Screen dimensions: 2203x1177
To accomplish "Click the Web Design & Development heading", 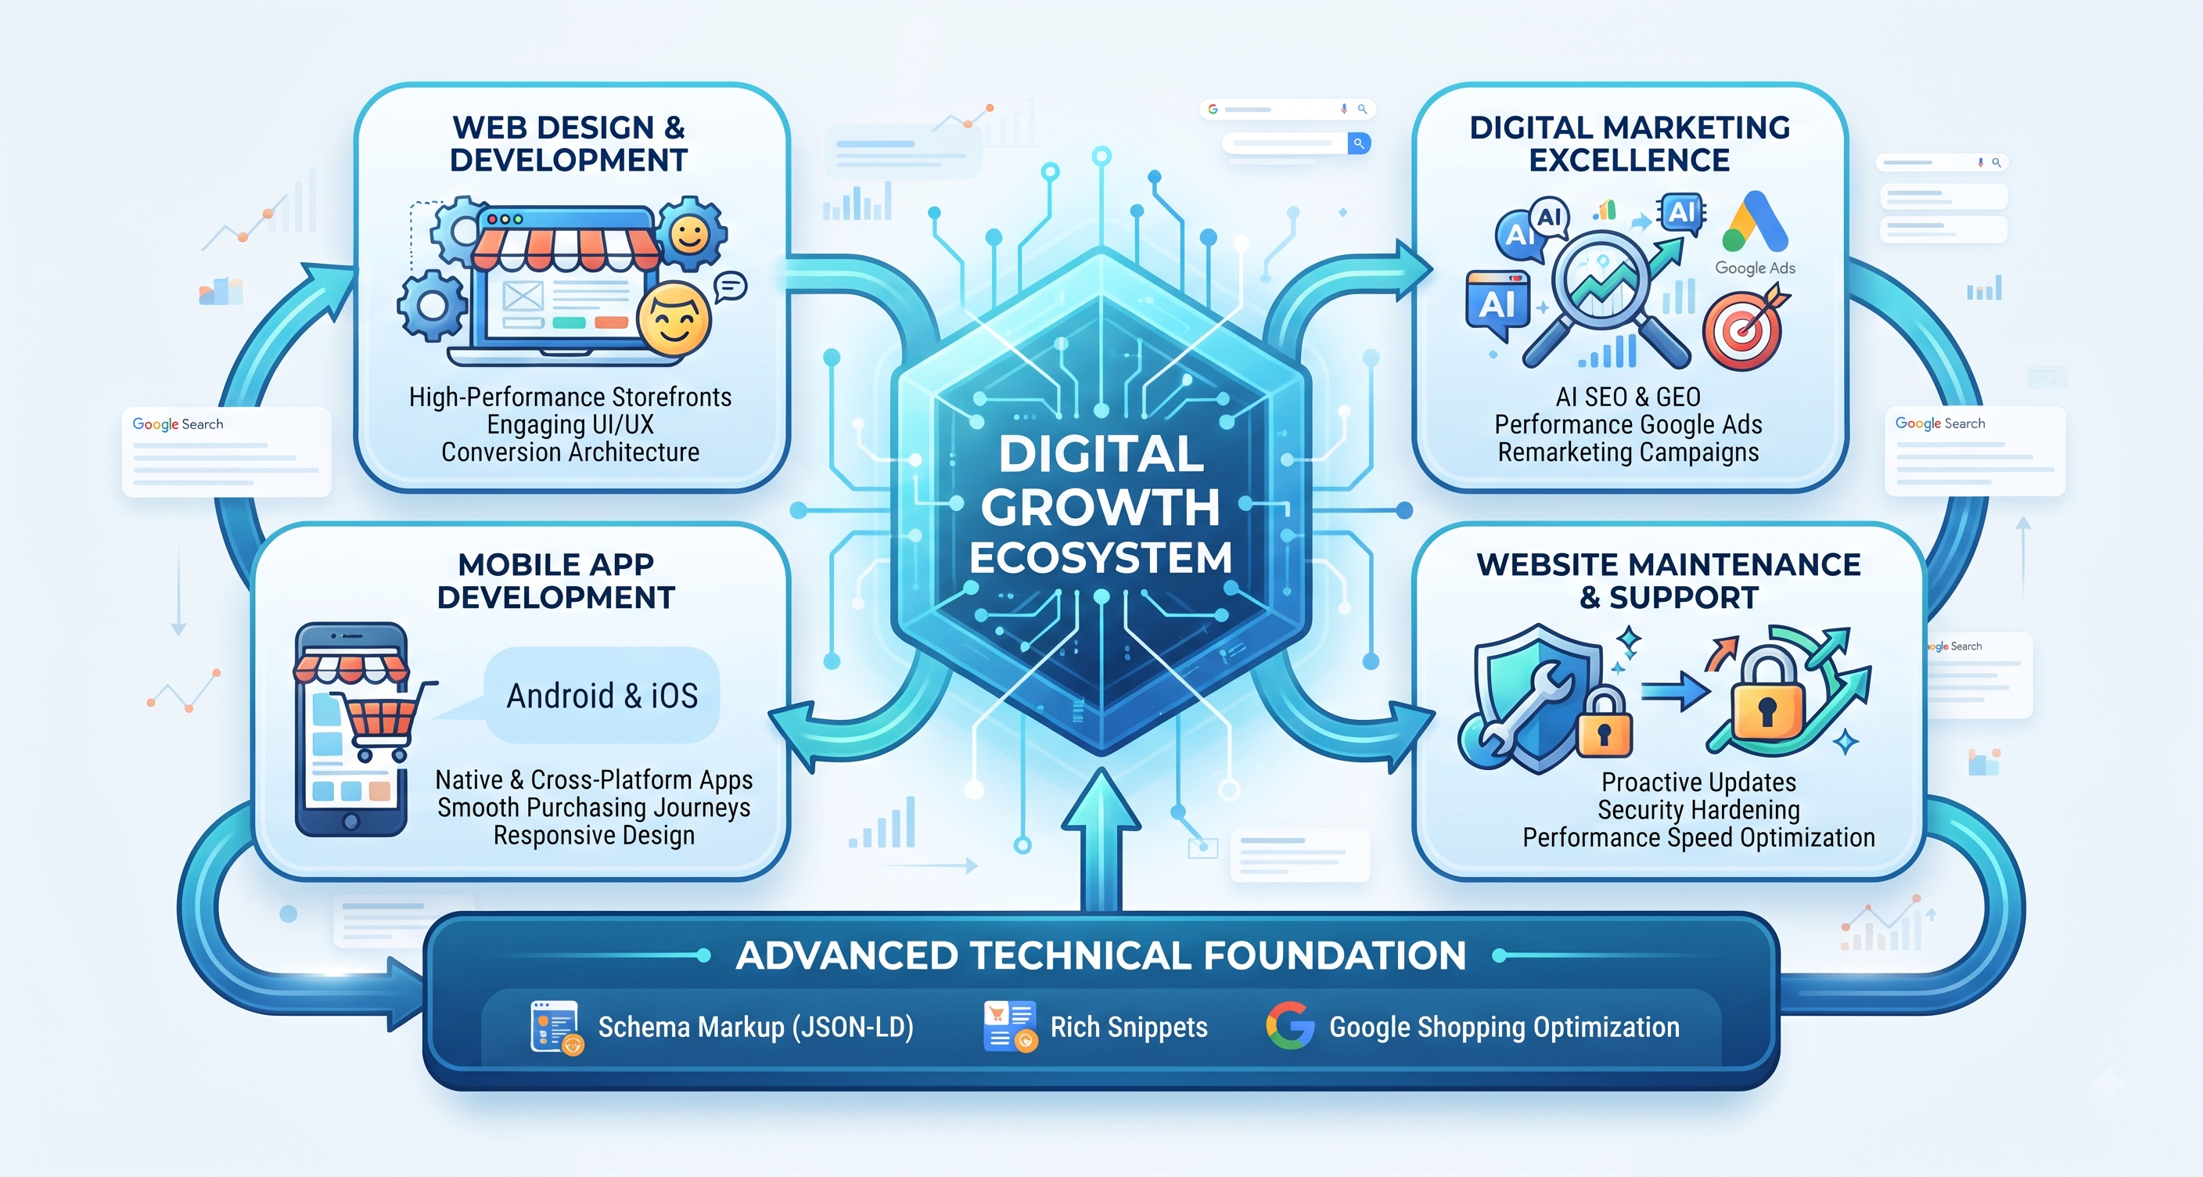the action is [x=569, y=144].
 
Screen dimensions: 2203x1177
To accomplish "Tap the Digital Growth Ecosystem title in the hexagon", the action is [x=1101, y=506].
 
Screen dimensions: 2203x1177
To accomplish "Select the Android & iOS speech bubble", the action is [x=602, y=695].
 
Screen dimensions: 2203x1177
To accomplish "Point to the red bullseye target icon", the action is [x=1742, y=329].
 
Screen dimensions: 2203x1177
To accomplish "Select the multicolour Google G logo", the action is [x=1289, y=1026].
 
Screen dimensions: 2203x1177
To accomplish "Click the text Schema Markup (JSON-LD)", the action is [x=756, y=1027].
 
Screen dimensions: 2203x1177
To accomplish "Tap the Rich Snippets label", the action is [x=1129, y=1027].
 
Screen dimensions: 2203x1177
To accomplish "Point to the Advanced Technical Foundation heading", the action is [x=1101, y=956].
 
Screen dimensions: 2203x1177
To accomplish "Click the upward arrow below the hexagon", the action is [x=1101, y=839].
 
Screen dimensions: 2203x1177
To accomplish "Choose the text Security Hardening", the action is [x=1698, y=809].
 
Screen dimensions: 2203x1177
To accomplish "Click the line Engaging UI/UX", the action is [x=570, y=424].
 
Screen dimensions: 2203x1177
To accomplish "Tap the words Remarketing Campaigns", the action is [x=1628, y=452].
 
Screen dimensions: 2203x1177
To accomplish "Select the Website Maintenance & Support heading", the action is [x=1669, y=581].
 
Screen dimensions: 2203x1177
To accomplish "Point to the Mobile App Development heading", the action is [x=556, y=581].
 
